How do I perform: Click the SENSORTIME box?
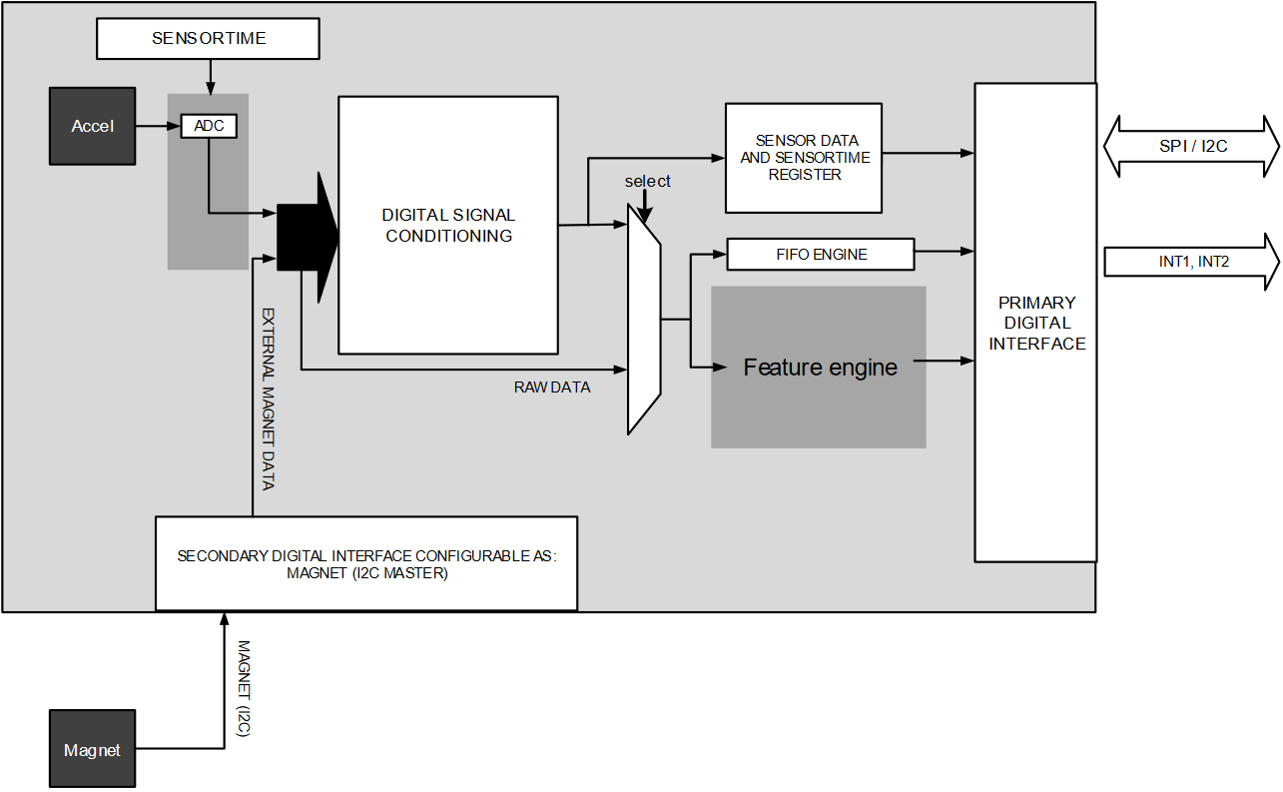tap(208, 39)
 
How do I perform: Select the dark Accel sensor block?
tap(93, 126)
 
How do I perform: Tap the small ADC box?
tap(209, 127)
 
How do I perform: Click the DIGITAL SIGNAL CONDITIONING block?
tap(448, 226)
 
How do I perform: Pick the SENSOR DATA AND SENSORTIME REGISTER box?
tap(804, 158)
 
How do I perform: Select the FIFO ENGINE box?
tap(820, 255)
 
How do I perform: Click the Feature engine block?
tap(819, 368)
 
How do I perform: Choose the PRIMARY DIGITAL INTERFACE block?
tap(1035, 323)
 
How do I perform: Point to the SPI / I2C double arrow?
tap(1191, 147)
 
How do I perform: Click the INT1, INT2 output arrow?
tap(1191, 262)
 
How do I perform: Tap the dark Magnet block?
tap(93, 749)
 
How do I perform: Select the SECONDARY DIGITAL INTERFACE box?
tap(366, 563)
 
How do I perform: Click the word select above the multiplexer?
tap(648, 182)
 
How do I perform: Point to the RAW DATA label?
tap(552, 388)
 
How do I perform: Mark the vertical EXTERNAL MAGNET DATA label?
tap(268, 398)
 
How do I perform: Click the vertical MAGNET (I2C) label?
tap(243, 689)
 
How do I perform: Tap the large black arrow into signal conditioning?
tap(307, 238)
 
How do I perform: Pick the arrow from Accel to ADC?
tap(158, 127)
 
